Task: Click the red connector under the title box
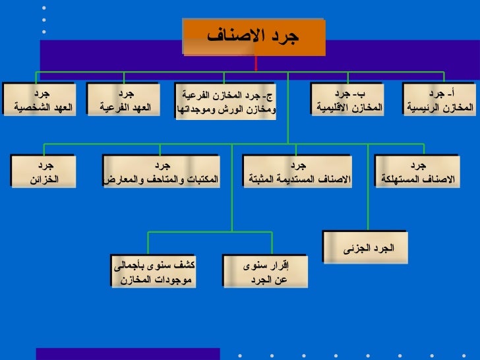pos(256,63)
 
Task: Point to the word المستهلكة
pos(400,179)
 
